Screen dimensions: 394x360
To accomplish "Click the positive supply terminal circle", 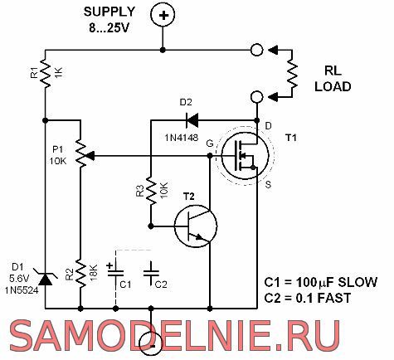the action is click(x=163, y=15).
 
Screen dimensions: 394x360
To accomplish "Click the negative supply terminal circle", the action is click(x=151, y=343).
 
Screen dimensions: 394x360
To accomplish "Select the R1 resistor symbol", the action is click(x=46, y=73).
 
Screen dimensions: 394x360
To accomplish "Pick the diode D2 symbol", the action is click(x=192, y=120).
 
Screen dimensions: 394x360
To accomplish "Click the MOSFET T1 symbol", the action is click(x=245, y=156).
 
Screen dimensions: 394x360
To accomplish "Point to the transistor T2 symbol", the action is click(x=196, y=226).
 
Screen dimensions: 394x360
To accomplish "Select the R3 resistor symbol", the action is click(x=151, y=191).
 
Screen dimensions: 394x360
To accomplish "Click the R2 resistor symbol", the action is click(x=80, y=273).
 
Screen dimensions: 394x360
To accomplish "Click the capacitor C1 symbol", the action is click(x=115, y=271).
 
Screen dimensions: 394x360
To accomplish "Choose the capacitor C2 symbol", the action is click(x=151, y=273).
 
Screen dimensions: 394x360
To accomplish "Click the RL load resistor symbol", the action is click(x=292, y=74).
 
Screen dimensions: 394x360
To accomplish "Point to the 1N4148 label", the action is click(x=182, y=138).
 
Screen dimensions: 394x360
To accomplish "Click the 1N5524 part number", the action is click(x=22, y=290).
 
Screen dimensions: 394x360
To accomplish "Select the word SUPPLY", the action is click(x=109, y=12).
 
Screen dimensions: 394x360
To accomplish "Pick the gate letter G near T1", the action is click(x=210, y=144).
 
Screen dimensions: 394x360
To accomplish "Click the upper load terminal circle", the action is click(x=256, y=50).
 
